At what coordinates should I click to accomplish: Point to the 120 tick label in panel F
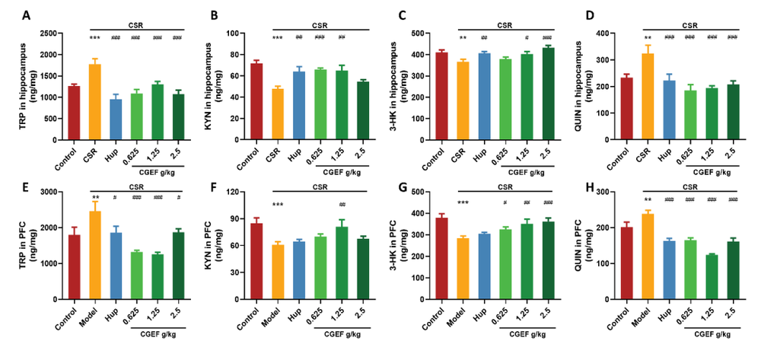[217, 192]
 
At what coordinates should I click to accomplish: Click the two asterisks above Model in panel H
[646, 201]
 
